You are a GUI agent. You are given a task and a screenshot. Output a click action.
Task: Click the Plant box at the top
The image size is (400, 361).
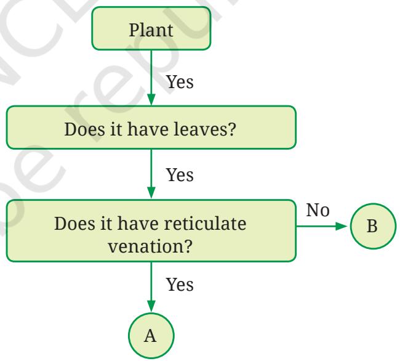pyautogui.click(x=151, y=28)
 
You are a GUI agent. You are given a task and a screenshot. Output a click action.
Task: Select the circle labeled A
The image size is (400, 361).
pyautogui.click(x=151, y=336)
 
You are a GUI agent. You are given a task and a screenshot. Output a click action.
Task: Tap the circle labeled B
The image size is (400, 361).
pyautogui.click(x=373, y=226)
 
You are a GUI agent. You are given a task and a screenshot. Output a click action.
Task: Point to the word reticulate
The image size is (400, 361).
pyautogui.click(x=205, y=224)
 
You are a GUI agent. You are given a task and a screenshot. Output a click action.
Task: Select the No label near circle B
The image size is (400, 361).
pyautogui.click(x=318, y=210)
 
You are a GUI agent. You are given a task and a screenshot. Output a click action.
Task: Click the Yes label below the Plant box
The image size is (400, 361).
pyautogui.click(x=180, y=82)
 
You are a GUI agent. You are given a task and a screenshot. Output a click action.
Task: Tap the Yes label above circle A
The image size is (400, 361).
pyautogui.click(x=180, y=285)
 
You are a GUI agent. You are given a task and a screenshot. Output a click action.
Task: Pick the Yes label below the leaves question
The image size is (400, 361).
pyautogui.click(x=180, y=175)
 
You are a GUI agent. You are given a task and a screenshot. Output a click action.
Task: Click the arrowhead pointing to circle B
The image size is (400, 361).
pyautogui.click(x=342, y=226)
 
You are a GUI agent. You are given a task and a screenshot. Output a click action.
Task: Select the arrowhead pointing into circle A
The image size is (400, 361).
pyautogui.click(x=151, y=306)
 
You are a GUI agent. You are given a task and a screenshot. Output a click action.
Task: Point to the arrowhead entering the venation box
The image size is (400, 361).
pyautogui.click(x=151, y=193)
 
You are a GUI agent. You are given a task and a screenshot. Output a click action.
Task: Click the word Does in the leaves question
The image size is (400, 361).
pyautogui.click(x=85, y=129)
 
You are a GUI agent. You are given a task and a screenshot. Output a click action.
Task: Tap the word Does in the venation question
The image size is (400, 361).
pyautogui.click(x=75, y=224)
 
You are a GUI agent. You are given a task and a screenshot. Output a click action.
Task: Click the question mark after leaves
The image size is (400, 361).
pyautogui.click(x=231, y=129)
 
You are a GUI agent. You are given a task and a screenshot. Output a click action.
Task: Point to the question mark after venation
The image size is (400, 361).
pyautogui.click(x=188, y=246)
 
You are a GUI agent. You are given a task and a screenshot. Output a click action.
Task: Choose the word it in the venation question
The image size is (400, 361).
pyautogui.click(x=106, y=224)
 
